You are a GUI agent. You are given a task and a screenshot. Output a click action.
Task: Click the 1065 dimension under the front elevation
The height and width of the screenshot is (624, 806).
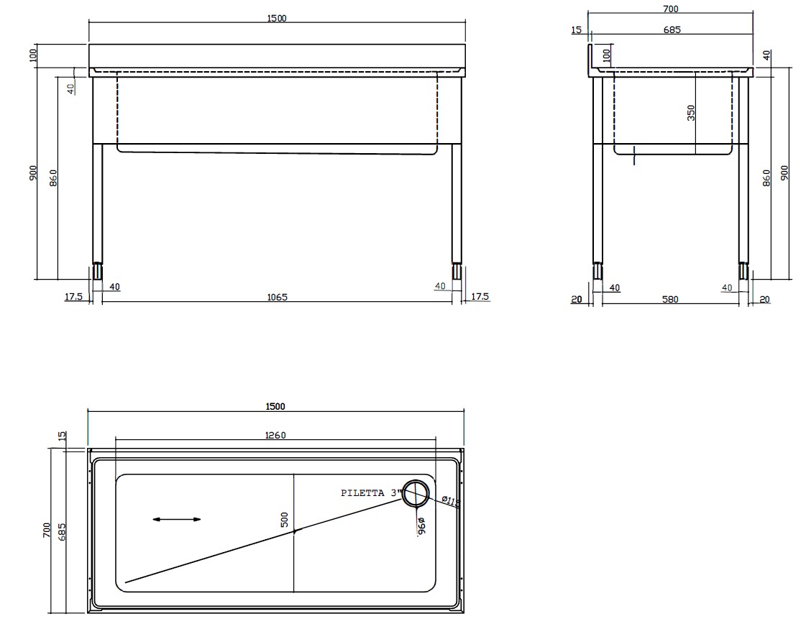point(276,297)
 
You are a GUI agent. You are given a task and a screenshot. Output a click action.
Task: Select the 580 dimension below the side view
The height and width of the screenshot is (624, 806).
point(669,299)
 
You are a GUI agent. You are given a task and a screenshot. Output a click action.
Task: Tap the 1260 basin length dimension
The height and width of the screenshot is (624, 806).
point(276,435)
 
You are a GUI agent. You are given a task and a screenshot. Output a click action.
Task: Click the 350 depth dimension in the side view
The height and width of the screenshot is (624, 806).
point(691,113)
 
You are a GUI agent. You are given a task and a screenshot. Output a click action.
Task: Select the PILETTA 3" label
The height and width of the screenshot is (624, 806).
point(369,493)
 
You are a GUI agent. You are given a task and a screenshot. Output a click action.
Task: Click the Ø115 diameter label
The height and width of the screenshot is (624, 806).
point(451,500)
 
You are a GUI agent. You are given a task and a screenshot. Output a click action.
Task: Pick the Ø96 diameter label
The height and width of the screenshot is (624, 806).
point(421,526)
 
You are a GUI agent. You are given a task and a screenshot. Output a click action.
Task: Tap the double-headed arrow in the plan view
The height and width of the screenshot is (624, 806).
point(177,519)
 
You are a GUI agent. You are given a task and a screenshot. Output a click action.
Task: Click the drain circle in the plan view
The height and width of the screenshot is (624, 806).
point(416,493)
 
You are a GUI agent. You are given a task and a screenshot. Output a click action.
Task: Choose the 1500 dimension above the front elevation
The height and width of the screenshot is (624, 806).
point(276,18)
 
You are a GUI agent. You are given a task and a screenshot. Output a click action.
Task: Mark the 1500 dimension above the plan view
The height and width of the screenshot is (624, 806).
point(275,406)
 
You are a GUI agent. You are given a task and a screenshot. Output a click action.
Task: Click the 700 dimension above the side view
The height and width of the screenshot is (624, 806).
point(670,9)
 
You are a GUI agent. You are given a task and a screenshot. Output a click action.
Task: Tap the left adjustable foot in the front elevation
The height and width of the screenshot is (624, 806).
point(96,272)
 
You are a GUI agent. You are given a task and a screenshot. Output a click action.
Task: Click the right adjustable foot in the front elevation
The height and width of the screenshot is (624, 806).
point(456,272)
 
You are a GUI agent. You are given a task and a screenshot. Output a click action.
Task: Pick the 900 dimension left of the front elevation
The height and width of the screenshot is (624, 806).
point(33,173)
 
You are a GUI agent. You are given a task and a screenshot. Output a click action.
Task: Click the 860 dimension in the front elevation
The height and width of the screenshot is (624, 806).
point(53,176)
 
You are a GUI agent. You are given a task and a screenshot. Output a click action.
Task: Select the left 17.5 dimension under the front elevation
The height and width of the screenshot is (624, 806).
point(73,297)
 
